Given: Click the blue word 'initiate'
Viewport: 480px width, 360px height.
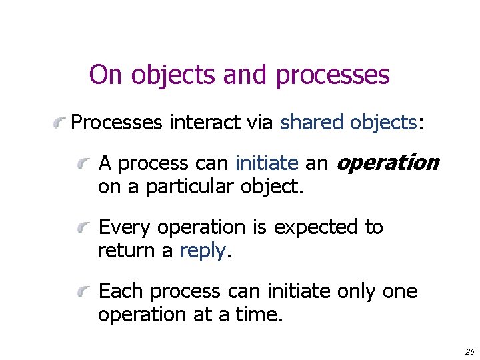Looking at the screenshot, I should coord(267,163).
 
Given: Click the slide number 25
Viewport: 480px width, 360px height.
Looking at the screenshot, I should coord(470,351).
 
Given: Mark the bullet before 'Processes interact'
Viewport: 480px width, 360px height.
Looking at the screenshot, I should coord(60,122).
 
